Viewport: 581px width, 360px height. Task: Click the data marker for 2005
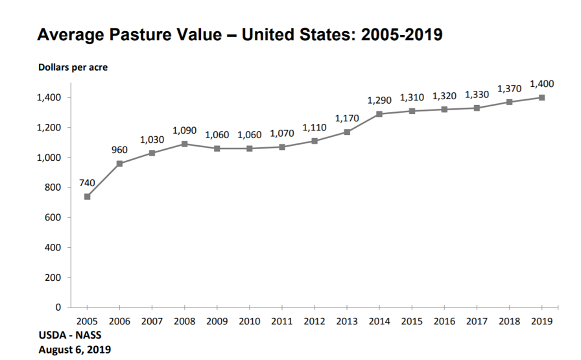pos(87,197)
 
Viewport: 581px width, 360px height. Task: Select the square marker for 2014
pos(379,114)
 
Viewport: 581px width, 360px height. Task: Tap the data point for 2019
pos(541,98)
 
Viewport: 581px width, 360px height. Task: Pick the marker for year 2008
pos(184,144)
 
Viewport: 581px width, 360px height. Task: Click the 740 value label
pos(87,182)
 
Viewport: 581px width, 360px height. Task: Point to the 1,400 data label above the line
pos(541,84)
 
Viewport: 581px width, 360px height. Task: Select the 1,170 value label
pos(347,118)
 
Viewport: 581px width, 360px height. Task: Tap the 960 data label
pos(119,150)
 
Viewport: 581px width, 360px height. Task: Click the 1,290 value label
pos(379,100)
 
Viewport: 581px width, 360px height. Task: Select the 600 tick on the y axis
pos(53,217)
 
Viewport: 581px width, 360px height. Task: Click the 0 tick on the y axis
pos(58,307)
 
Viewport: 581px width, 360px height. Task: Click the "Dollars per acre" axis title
pos(73,67)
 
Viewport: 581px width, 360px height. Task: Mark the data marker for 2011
pos(282,147)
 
